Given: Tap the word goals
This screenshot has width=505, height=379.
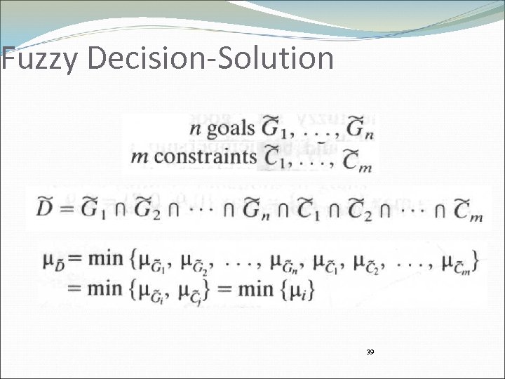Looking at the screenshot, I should (x=229, y=131).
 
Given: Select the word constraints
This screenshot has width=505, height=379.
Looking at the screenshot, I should (x=205, y=156).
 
